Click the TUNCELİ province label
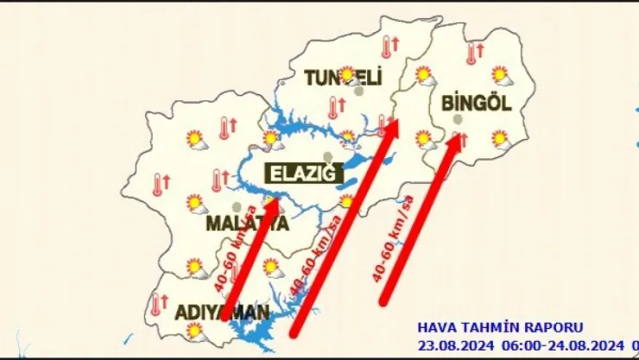point(343,79)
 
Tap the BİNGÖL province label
point(477,102)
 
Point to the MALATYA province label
point(245,224)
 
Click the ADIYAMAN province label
point(212,310)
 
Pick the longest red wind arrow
point(344,228)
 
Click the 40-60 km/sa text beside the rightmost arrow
point(392,238)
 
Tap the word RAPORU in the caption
point(554,328)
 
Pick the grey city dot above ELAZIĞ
point(326,155)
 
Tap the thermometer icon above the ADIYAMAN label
point(158,302)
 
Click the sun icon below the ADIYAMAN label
point(194,329)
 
